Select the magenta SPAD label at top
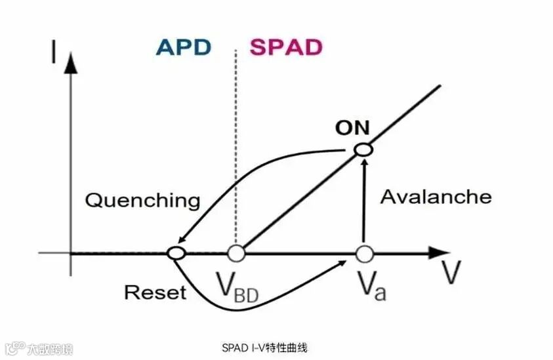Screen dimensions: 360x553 click(x=287, y=48)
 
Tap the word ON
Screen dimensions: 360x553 click(x=352, y=127)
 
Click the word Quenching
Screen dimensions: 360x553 click(x=143, y=200)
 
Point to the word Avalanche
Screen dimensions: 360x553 click(x=436, y=197)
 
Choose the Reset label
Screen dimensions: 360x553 click(x=155, y=292)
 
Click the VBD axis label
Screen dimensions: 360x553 click(x=237, y=288)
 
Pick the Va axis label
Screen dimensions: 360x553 click(x=371, y=287)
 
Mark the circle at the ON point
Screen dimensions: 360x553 click(x=363, y=150)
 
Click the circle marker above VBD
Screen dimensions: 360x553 click(x=236, y=252)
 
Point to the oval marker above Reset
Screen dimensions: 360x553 click(x=176, y=252)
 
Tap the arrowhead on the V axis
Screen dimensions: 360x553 click(x=438, y=252)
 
